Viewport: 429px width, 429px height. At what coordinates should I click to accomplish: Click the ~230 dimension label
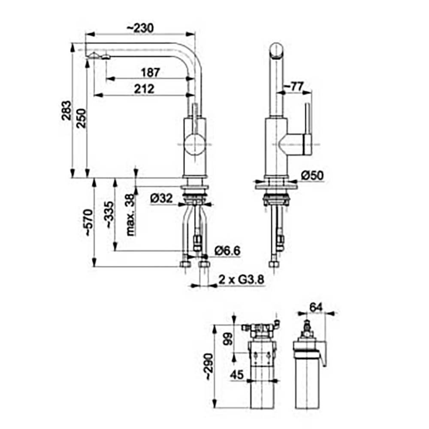[140, 28]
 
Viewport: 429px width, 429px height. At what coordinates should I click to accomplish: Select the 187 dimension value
[150, 73]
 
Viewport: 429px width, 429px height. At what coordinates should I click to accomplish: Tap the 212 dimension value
[144, 89]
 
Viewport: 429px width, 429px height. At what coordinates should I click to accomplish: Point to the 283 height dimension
[66, 111]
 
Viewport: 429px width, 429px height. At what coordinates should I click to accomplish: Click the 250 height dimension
[81, 118]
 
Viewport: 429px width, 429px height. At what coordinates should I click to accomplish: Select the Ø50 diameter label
[312, 175]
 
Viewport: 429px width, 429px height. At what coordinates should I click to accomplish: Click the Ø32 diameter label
[162, 198]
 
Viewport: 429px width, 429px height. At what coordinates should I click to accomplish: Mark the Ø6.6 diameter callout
[227, 251]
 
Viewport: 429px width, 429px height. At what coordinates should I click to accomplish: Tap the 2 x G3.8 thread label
[241, 280]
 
